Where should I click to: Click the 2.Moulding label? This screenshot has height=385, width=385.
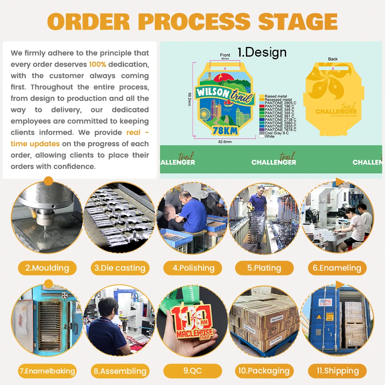pyautogui.click(x=47, y=268)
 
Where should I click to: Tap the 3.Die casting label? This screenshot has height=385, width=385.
pyautogui.click(x=120, y=268)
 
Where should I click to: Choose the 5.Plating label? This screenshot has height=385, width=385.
pyautogui.click(x=264, y=268)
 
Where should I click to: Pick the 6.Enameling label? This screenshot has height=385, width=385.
pyautogui.click(x=337, y=268)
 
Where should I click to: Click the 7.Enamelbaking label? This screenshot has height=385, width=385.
pyautogui.click(x=47, y=371)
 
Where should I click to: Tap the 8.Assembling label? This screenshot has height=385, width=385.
pyautogui.click(x=120, y=371)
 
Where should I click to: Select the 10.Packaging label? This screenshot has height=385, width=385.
pyautogui.click(x=264, y=371)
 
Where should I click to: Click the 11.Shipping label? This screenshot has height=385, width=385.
pyautogui.click(x=337, y=371)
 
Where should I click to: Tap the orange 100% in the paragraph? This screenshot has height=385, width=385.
pyautogui.click(x=97, y=64)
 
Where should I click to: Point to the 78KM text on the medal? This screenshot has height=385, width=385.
pyautogui.click(x=224, y=131)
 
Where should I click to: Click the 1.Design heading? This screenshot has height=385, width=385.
pyautogui.click(x=262, y=52)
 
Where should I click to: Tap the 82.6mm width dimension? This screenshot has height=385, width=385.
pyautogui.click(x=225, y=142)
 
